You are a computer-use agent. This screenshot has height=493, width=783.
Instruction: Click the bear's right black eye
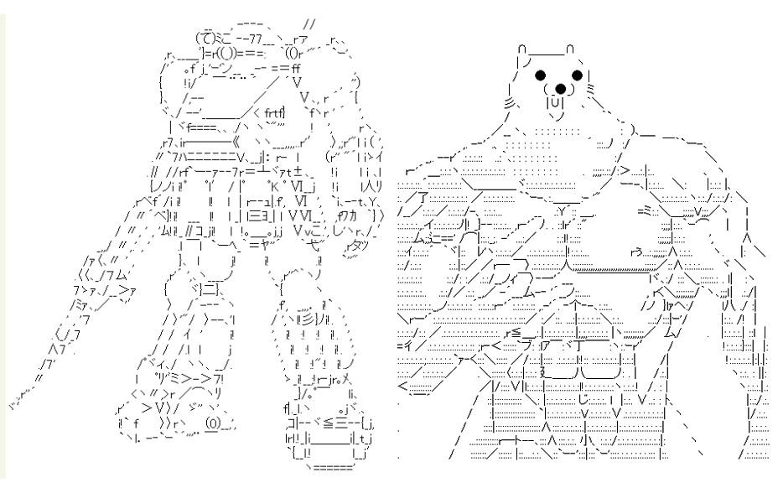coord(577,75)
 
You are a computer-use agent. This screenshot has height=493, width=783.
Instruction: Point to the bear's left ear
coord(522,51)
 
